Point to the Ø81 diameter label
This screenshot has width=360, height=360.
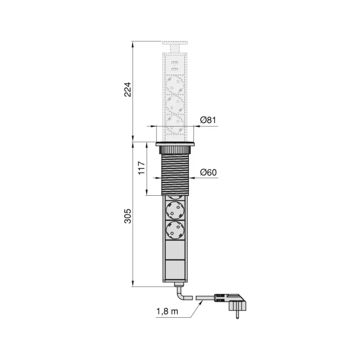coord(208,120)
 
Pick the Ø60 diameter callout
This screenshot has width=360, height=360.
coord(208,171)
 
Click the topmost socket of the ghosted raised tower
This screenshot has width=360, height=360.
coord(175,83)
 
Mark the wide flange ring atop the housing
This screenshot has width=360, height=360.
coord(175,144)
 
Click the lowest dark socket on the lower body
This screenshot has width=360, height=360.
coord(175,230)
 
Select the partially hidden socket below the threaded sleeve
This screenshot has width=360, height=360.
coord(175,198)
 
